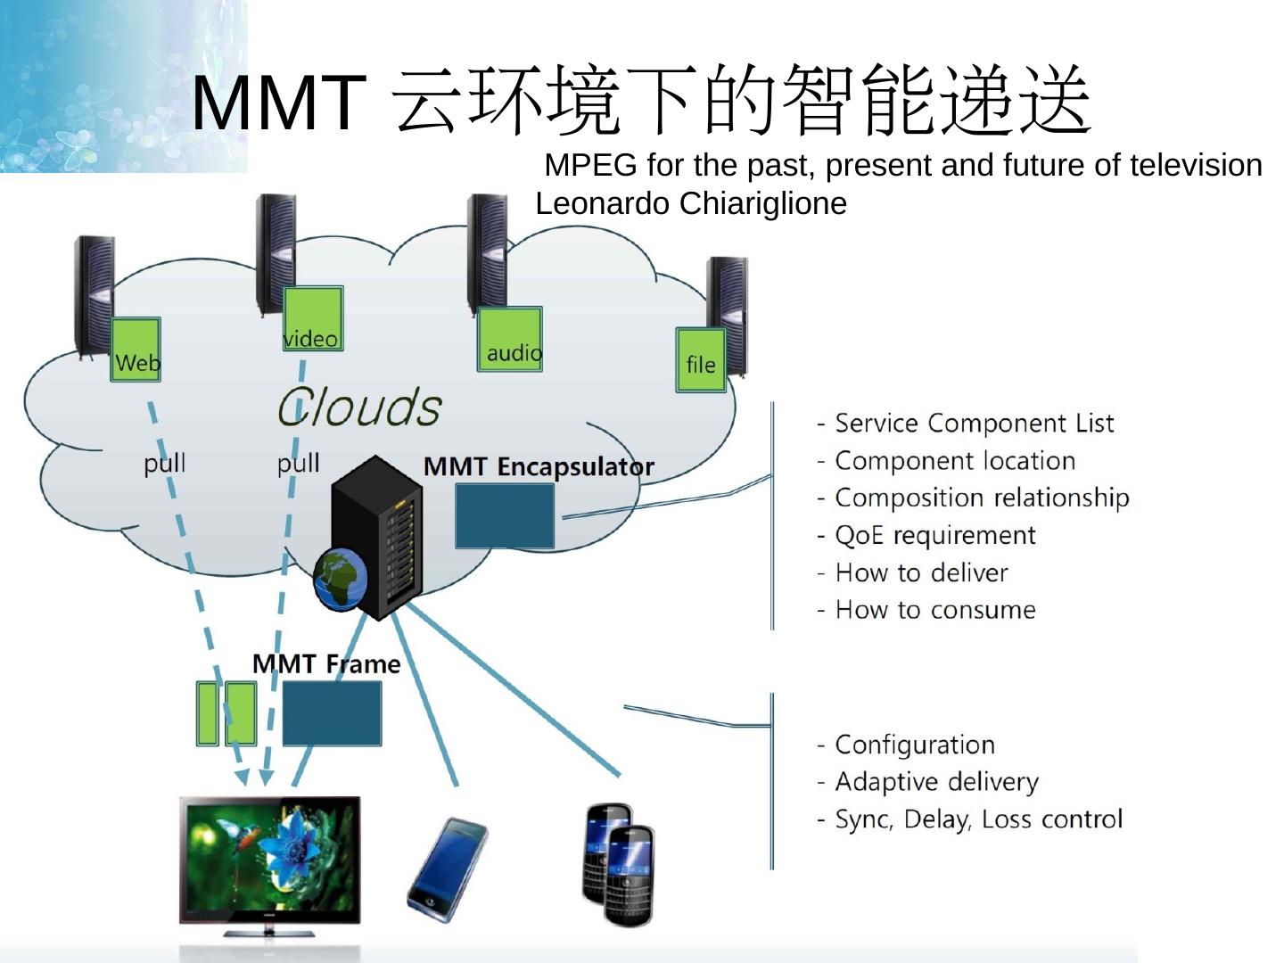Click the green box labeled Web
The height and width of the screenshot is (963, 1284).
[x=136, y=350]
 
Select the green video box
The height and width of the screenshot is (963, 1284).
[x=313, y=318]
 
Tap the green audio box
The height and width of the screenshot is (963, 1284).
[x=510, y=339]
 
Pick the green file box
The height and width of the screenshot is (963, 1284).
[x=701, y=360]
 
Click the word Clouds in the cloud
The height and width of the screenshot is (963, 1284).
[x=359, y=407]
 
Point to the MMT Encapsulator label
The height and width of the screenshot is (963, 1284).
[x=539, y=466]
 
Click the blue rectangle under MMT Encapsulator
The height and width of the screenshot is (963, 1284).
[x=505, y=516]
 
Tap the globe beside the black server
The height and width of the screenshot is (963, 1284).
[x=340, y=580]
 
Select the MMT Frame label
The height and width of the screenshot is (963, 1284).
[x=326, y=663]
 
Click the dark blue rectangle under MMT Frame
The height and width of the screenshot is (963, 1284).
[x=332, y=713]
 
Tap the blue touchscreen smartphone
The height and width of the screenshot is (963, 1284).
[x=448, y=868]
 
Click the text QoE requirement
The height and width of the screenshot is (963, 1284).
[x=934, y=535]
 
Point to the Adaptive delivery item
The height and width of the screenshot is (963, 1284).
[x=936, y=782]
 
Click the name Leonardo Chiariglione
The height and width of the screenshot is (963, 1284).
[x=691, y=203]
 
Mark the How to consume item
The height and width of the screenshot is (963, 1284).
[x=934, y=610]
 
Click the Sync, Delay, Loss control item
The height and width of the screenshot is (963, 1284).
[x=978, y=819]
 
